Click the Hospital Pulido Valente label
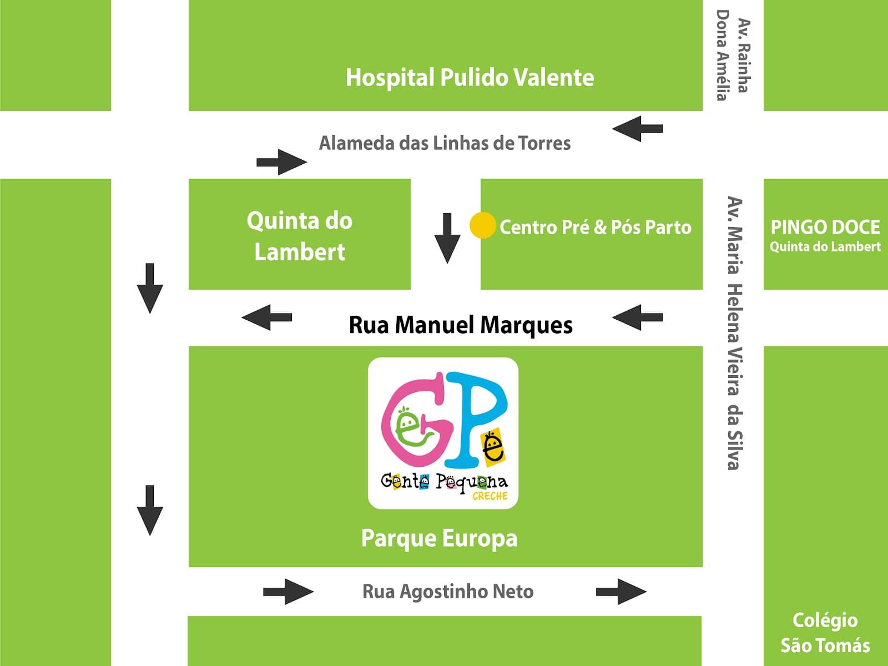point(470,78)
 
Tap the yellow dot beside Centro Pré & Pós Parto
point(483,225)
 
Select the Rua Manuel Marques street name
point(461,326)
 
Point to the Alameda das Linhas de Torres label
point(445,143)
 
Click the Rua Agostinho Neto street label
point(448,592)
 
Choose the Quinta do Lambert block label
point(299,236)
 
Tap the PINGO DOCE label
point(825,227)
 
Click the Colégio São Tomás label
point(825,633)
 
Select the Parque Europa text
point(439,538)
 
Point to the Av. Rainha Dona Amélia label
point(733,56)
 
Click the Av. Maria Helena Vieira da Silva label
point(734,333)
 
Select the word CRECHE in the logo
point(490,496)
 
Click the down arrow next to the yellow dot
point(447,239)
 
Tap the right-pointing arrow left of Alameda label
point(281,162)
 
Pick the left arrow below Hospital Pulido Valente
point(637,129)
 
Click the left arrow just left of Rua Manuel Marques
point(266,317)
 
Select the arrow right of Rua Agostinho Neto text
point(621,592)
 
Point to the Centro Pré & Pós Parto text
point(595,227)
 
